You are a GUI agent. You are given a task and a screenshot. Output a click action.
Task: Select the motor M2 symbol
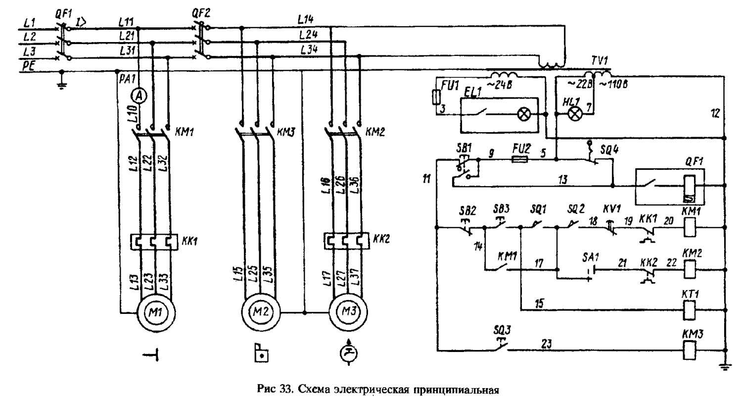coord(261,311)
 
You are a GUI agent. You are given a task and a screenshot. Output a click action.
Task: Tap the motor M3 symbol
coord(349,311)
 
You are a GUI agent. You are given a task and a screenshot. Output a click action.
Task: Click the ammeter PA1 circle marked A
coord(139,97)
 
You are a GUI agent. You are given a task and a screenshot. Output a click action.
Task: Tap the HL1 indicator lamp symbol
coord(574,114)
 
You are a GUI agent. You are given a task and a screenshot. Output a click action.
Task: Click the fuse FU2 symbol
coord(518,160)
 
